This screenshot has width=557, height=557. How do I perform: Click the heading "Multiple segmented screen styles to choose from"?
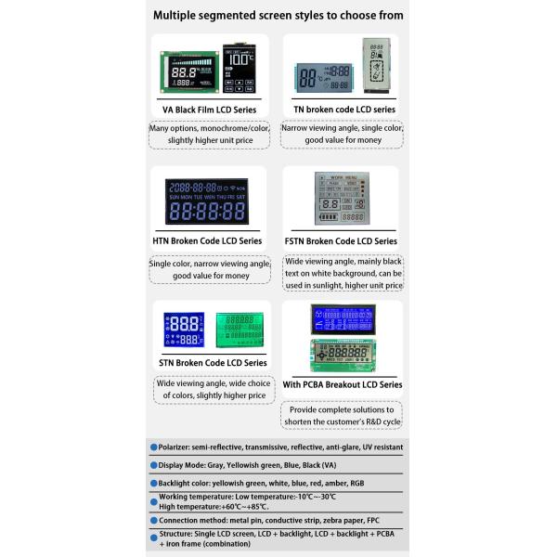pyautogui.click(x=278, y=15)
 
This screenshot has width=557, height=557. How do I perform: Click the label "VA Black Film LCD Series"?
pyautogui.click(x=209, y=110)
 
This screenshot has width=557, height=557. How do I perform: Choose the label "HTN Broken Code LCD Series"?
pyautogui.click(x=207, y=240)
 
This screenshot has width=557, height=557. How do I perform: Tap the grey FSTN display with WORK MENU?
pyautogui.click(x=342, y=198)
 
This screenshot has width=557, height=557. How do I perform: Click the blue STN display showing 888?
pyautogui.click(x=184, y=330)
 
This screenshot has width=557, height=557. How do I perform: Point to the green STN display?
pyautogui.click(x=240, y=330)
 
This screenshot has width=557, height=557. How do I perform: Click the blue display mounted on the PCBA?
pyautogui.click(x=343, y=319)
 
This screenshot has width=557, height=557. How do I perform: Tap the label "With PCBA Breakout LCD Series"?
pyautogui.click(x=342, y=384)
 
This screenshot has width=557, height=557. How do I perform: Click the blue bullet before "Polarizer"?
pyautogui.click(x=153, y=447)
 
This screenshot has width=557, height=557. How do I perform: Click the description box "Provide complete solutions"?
pyautogui.click(x=342, y=415)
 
